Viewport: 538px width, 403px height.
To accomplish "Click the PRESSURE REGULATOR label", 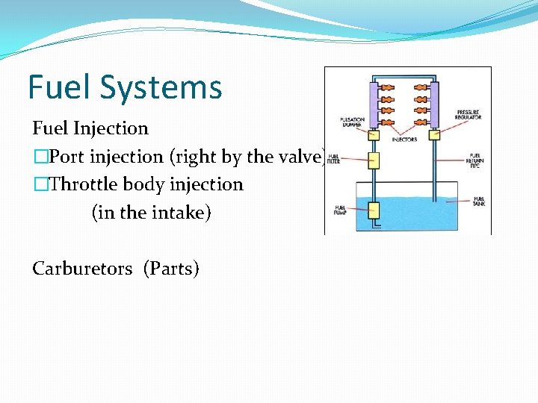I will pyautogui.click(x=469, y=114).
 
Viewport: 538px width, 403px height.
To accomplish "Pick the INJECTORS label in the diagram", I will pyautogui.click(x=404, y=140).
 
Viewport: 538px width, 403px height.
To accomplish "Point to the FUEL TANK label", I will pyautogui.click(x=478, y=201).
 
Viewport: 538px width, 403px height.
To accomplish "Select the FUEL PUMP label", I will pyautogui.click(x=340, y=210).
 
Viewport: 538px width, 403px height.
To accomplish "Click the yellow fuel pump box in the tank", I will pyautogui.click(x=374, y=210).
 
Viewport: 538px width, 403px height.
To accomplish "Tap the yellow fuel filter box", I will pyautogui.click(x=374, y=160).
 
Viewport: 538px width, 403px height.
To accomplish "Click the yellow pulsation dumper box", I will pyautogui.click(x=374, y=136).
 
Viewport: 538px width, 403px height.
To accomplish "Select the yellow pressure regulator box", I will pyautogui.click(x=433, y=136).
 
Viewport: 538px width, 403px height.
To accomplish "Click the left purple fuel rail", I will pyautogui.click(x=374, y=104).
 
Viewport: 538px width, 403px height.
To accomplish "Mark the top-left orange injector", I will pyautogui.click(x=388, y=88).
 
